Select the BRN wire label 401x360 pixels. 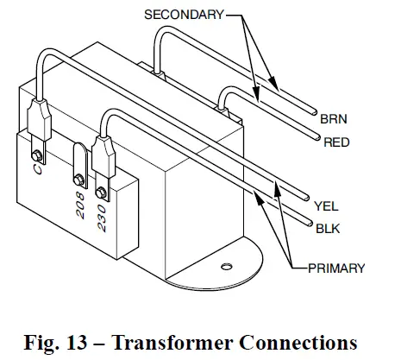[x=333, y=120]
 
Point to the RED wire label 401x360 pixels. [x=336, y=142]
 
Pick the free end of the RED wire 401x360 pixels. [x=314, y=138]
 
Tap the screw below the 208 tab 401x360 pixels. [x=78, y=179]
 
